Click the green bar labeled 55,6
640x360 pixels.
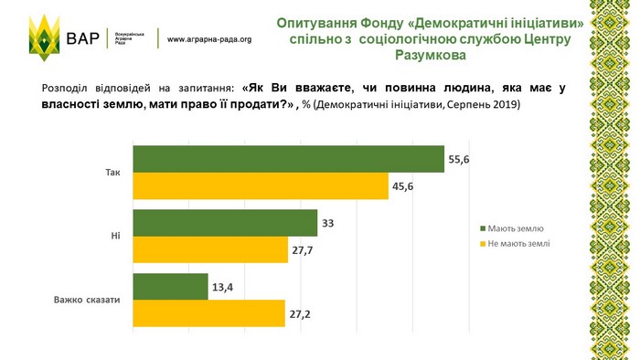289,159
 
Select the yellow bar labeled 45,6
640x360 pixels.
261,185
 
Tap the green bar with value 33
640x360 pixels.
225,223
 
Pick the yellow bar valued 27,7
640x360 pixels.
210,249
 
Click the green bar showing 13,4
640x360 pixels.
171,287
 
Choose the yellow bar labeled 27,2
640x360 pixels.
209,313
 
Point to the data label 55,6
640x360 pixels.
459,159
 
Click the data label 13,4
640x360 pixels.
222,288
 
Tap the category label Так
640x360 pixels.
113,173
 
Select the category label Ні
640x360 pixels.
115,236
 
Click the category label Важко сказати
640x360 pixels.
87,300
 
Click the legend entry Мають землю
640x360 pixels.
512,228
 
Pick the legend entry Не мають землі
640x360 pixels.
515,244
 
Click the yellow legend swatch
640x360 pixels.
483,244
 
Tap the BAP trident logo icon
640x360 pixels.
45,37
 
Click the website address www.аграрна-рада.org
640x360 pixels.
209,39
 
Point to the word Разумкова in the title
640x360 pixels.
431,55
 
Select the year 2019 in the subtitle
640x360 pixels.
507,104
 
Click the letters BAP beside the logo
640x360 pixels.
83,38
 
